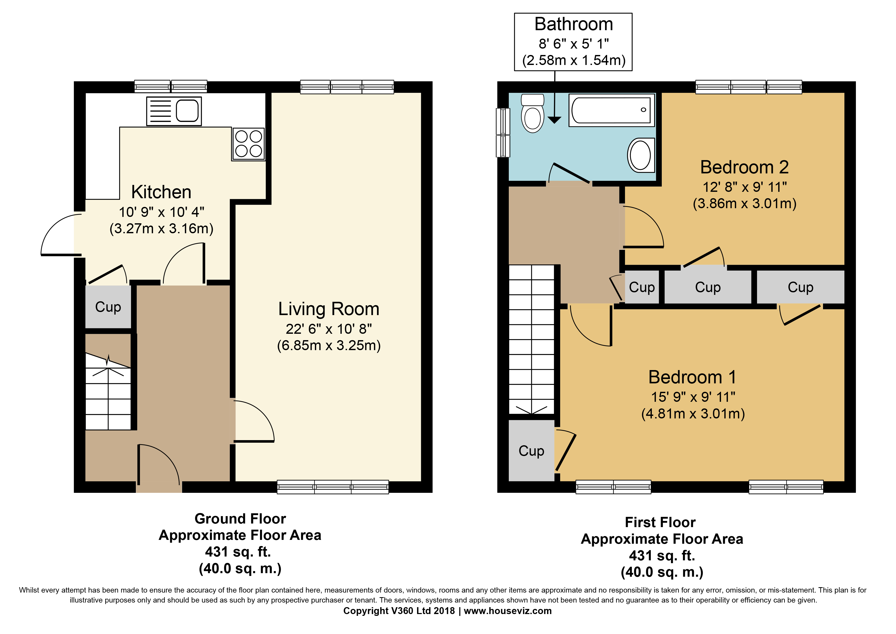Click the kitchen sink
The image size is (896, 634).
(x=174, y=111)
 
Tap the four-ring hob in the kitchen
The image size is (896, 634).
(x=249, y=144)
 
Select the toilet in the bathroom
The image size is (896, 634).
(x=533, y=113)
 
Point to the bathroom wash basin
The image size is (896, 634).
(x=641, y=155)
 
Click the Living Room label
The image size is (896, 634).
(x=328, y=309)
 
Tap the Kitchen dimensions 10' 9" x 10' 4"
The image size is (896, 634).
(x=162, y=212)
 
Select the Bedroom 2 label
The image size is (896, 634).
(x=744, y=167)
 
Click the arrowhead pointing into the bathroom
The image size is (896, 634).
(x=554, y=120)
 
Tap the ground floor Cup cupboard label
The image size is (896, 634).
(x=108, y=307)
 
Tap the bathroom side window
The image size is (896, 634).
(x=503, y=133)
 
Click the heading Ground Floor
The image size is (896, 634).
(x=240, y=519)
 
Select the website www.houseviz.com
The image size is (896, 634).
(x=508, y=611)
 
